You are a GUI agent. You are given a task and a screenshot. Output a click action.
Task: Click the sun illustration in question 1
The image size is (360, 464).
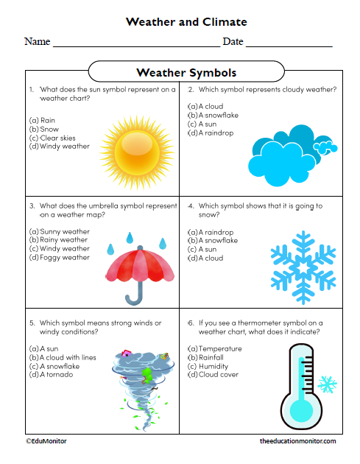point(133,146)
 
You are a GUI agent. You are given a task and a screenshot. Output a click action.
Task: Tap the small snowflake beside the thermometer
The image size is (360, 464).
point(327,384)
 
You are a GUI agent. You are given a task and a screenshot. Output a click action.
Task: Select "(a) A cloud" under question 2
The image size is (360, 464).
point(206,106)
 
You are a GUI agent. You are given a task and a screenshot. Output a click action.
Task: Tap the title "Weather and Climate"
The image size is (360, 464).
point(186,22)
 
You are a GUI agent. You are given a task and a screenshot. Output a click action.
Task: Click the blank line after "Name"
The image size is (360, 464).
point(135,44)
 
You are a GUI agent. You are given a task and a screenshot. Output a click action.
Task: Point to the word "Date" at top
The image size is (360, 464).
point(233,42)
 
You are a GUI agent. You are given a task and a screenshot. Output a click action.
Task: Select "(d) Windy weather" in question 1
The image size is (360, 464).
point(60,147)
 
